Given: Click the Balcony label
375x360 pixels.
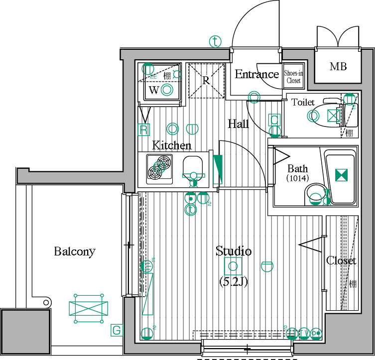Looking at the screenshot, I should [x=74, y=251].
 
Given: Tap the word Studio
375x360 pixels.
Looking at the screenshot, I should [x=233, y=251].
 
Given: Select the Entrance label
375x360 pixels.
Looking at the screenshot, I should [x=256, y=75].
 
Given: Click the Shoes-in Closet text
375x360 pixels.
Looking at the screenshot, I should [x=293, y=76].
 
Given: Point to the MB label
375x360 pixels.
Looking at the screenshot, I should [x=338, y=67].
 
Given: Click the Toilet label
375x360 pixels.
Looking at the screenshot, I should [x=303, y=102].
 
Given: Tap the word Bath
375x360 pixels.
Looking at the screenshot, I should [x=297, y=169].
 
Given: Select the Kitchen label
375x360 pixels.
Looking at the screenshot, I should [x=171, y=145].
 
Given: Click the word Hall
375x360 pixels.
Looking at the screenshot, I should [x=238, y=124].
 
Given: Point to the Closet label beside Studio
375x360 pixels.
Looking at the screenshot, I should [x=341, y=260].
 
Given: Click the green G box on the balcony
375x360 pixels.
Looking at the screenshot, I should [x=116, y=330].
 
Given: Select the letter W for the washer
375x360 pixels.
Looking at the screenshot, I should [x=154, y=90].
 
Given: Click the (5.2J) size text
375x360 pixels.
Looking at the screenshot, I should [x=234, y=281].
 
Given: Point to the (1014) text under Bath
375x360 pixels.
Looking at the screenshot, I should [x=297, y=178].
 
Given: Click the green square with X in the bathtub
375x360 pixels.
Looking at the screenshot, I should [x=341, y=175].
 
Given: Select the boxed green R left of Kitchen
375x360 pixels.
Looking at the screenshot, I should [x=144, y=130].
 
